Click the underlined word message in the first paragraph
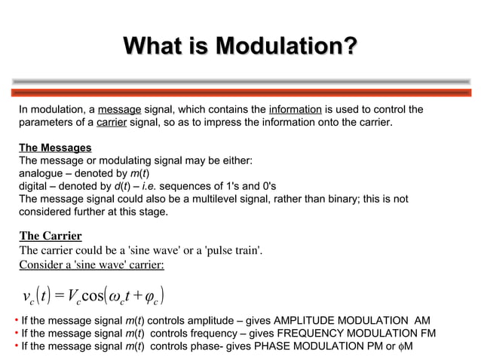click(130, 111)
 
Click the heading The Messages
click(55, 148)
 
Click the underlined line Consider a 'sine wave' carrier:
click(91, 264)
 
